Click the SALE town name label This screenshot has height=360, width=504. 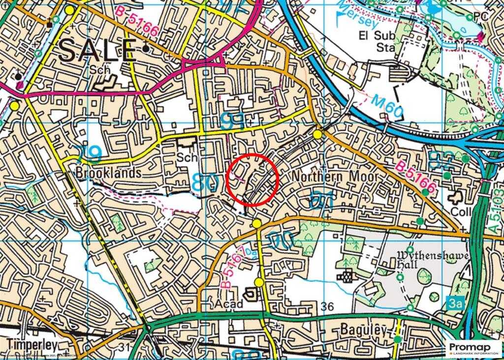(x=98, y=50)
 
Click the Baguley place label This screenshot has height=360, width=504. (x=364, y=330)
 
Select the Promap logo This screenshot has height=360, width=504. (x=474, y=348)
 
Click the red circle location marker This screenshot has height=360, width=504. (x=253, y=180)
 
